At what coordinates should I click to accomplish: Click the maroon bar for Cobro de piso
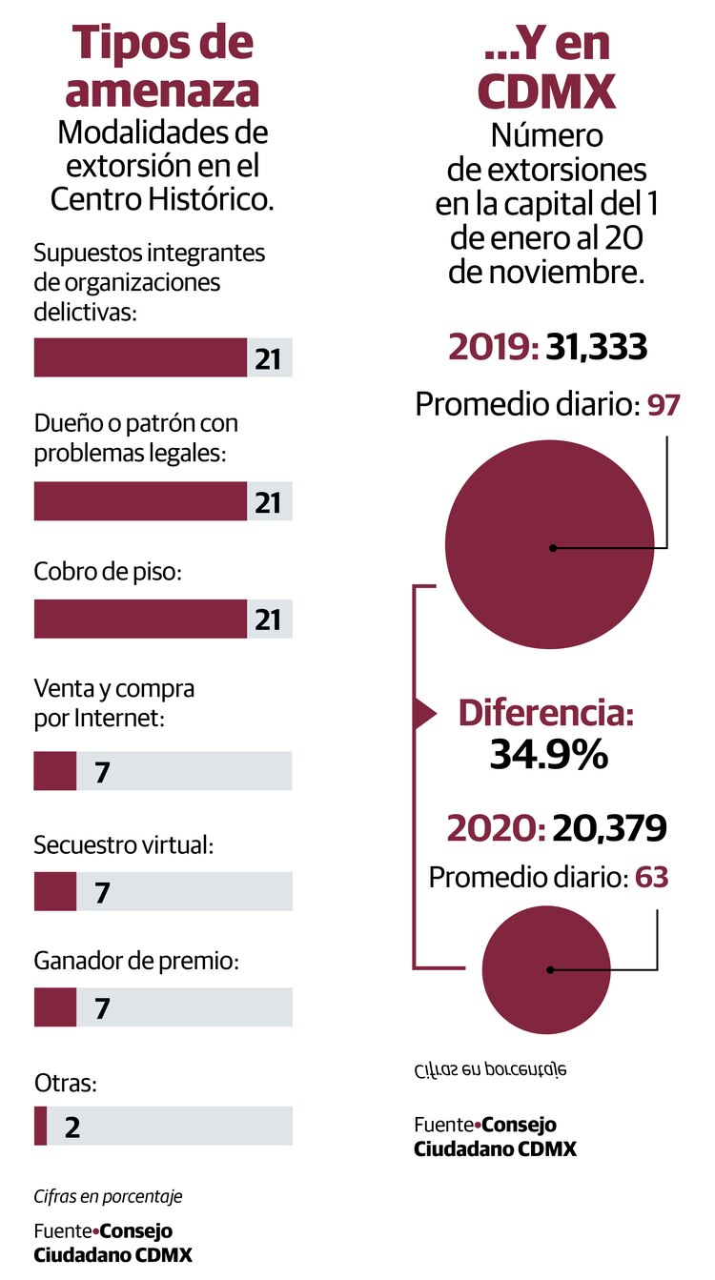(140, 619)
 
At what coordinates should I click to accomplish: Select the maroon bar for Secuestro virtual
(54, 892)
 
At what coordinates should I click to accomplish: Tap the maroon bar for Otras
(40, 1126)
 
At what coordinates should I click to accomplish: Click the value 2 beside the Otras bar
(72, 1127)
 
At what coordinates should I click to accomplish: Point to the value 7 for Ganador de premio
(103, 1008)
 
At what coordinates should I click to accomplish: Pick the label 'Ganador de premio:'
(135, 961)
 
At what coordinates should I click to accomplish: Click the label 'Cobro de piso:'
(107, 572)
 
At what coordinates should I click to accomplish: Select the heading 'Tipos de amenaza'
(165, 67)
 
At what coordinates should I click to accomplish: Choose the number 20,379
(607, 829)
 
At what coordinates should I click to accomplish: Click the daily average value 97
(664, 405)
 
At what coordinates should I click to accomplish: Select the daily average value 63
(652, 877)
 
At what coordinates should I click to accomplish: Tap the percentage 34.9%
(548, 755)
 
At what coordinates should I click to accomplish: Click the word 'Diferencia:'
(546, 714)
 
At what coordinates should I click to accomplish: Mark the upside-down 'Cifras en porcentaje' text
(491, 1070)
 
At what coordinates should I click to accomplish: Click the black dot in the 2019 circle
(552, 548)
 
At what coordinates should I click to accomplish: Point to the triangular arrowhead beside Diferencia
(422, 713)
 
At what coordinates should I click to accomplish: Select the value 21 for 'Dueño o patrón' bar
(268, 502)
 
